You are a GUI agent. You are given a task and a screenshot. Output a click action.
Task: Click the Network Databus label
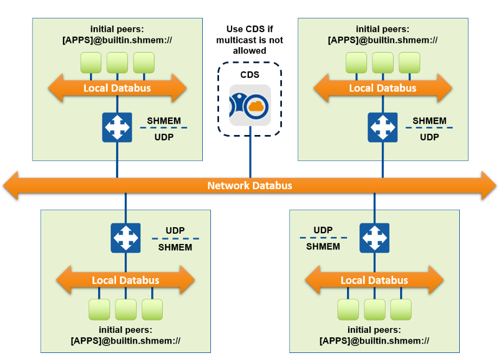pyautogui.click(x=249, y=186)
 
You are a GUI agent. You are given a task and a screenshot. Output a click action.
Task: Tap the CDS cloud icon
pyautogui.click(x=250, y=105)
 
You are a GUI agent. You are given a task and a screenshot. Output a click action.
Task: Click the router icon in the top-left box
pyautogui.click(x=117, y=127)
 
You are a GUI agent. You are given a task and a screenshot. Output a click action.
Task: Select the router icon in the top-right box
pyautogui.click(x=382, y=127)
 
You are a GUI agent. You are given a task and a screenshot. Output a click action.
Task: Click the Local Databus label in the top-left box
pyautogui.click(x=117, y=88)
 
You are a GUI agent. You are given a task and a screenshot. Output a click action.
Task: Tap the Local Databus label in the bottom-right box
pyautogui.click(x=374, y=280)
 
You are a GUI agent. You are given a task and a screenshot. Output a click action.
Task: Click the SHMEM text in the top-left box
pyautogui.click(x=164, y=121)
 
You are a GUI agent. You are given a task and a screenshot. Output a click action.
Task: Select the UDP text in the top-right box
pyautogui.click(x=429, y=137)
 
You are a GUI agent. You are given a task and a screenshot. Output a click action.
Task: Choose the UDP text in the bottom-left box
pyautogui.click(x=175, y=230)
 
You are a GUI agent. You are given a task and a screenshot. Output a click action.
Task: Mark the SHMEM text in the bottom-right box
pyautogui.click(x=323, y=247)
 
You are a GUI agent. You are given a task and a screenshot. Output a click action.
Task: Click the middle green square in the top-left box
pyautogui.click(x=117, y=63)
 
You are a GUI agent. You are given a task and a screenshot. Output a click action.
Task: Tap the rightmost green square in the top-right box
pyautogui.click(x=409, y=63)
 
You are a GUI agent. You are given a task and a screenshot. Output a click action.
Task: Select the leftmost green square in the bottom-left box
pyautogui.click(x=99, y=309)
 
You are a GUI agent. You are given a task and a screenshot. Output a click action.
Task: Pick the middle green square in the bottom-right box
pyautogui.click(x=374, y=309)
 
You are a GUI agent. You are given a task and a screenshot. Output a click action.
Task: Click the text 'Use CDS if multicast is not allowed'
pyautogui.click(x=249, y=40)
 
